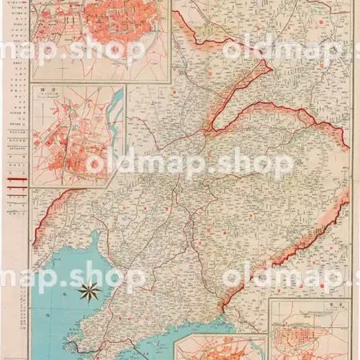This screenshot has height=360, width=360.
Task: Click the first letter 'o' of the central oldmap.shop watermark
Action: tap(95, 163)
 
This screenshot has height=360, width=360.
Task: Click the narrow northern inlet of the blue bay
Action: tap(99, 237)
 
